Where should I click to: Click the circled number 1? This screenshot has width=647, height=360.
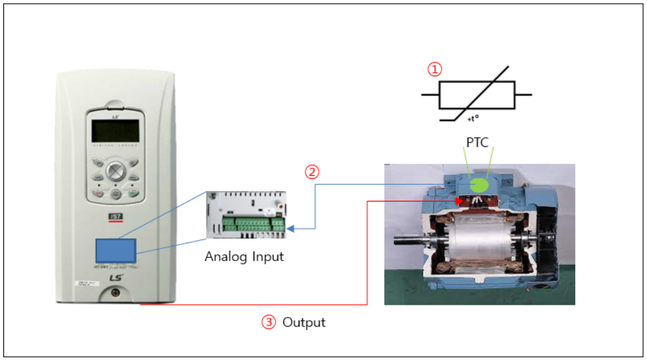(436, 69)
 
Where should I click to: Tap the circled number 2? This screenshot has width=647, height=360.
(311, 172)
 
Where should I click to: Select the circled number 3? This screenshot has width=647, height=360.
(268, 322)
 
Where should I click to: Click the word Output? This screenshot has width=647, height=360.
(304, 322)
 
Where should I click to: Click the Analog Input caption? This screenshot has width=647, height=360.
(244, 257)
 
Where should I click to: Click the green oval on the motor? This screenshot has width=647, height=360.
(478, 185)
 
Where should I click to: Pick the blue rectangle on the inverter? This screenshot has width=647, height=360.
(116, 249)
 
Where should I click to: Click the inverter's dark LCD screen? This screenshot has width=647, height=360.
(116, 132)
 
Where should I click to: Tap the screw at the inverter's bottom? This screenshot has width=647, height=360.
(116, 293)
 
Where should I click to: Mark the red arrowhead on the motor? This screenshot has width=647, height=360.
(459, 201)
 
